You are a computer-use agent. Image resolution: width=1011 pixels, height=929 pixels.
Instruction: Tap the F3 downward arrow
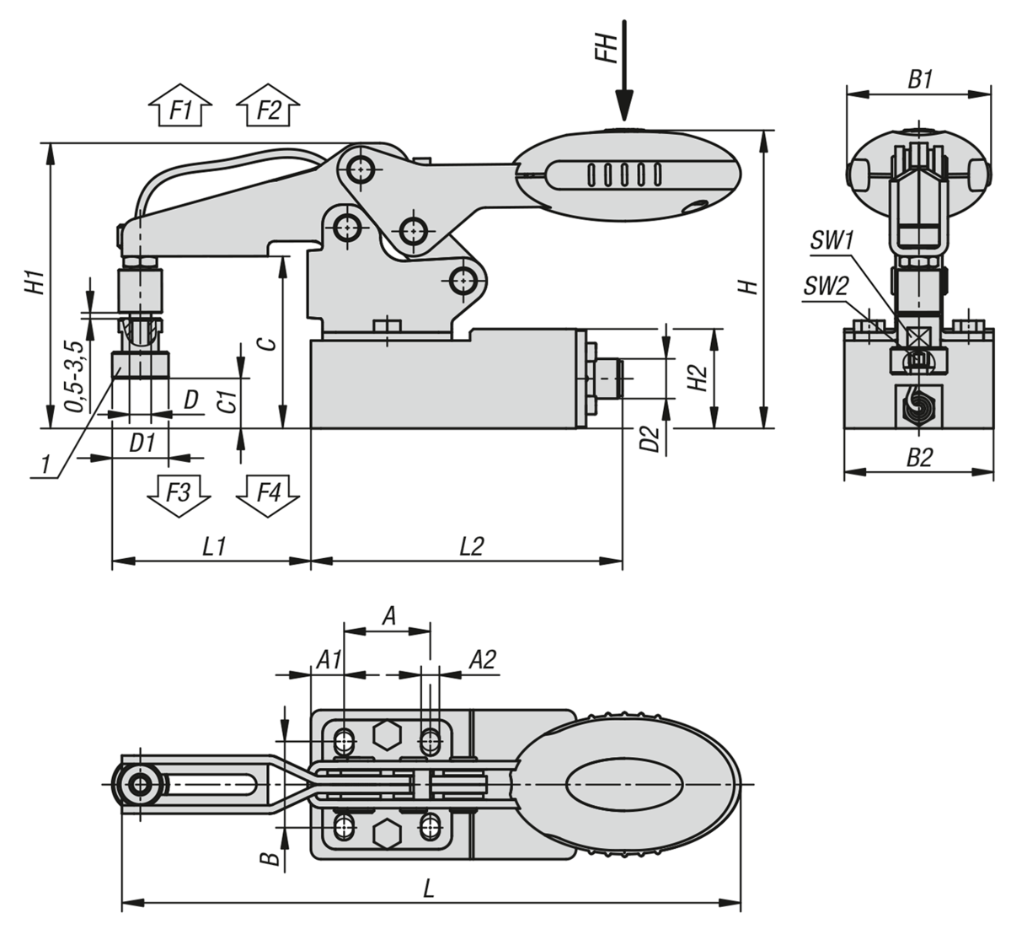point(179,496)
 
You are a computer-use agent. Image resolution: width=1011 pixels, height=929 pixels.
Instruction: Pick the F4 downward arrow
point(268,496)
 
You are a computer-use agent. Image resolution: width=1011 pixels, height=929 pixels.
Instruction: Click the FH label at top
point(609,48)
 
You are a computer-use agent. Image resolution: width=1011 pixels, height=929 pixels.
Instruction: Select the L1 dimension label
point(214,546)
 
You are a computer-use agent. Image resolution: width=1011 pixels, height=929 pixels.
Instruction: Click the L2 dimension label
point(472,546)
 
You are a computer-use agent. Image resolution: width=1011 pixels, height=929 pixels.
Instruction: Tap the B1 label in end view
point(920,79)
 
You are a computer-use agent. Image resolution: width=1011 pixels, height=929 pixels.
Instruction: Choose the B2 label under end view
point(920,458)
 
